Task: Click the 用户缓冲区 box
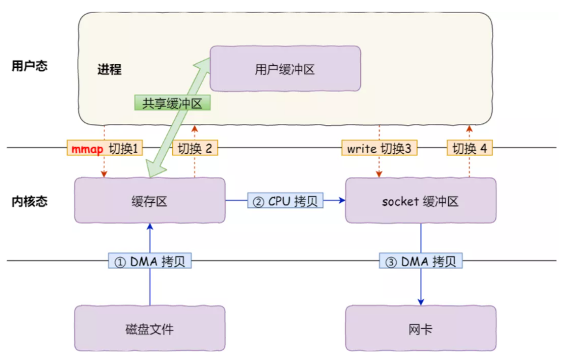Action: click(285, 68)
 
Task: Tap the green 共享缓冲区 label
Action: click(172, 103)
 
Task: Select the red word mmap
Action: click(87, 149)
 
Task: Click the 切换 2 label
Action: click(195, 148)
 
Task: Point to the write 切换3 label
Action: click(379, 148)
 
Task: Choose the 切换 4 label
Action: click(469, 148)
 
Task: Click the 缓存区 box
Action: click(149, 200)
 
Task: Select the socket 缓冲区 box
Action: click(421, 200)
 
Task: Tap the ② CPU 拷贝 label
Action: click(285, 201)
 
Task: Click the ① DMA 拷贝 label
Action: click(149, 261)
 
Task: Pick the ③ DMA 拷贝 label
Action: click(421, 261)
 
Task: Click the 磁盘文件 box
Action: click(149, 328)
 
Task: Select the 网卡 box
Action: click(421, 328)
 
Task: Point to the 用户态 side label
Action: click(29, 66)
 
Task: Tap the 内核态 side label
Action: click(29, 202)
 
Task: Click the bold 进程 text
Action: click(109, 69)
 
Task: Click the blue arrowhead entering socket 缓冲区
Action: click(342, 200)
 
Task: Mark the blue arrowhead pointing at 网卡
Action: click(421, 302)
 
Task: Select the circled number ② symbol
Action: click(258, 202)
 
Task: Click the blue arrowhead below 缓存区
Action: click(149, 226)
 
